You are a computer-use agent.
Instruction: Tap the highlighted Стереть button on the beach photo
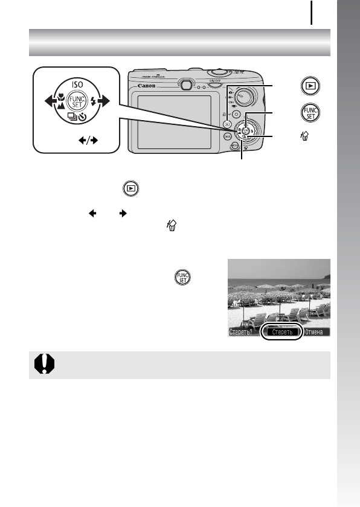tap(281, 332)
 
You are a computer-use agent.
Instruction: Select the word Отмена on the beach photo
tap(317, 332)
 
